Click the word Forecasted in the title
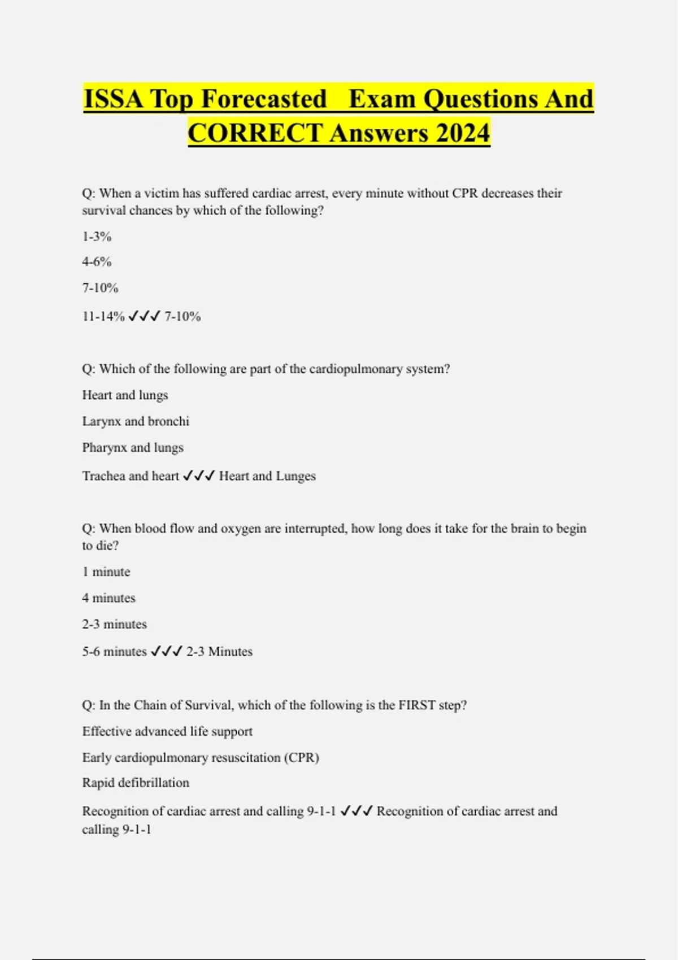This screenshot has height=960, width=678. [x=264, y=99]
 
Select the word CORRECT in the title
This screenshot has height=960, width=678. [x=255, y=133]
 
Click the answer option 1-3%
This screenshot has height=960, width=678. [x=97, y=237]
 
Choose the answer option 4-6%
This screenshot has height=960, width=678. [x=97, y=262]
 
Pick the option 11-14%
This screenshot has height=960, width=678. [x=103, y=316]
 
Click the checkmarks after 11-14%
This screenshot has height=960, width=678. [x=144, y=316]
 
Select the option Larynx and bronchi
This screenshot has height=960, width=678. [x=136, y=421]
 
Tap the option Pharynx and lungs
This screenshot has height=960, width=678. [x=133, y=448]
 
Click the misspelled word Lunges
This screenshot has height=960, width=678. [x=295, y=476]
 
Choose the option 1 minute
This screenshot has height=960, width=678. [x=106, y=572]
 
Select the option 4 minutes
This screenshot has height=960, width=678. [x=109, y=598]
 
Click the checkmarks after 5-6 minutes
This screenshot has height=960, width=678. [x=167, y=652]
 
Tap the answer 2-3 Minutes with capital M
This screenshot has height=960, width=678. [x=219, y=652]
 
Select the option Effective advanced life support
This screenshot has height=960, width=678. [x=167, y=731]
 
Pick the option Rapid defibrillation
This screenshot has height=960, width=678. [x=136, y=783]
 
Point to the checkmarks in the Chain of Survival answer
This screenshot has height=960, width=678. [x=357, y=811]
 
